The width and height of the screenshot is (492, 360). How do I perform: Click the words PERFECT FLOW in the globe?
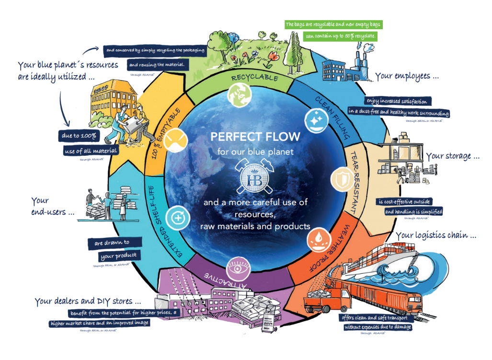[x=255, y=137]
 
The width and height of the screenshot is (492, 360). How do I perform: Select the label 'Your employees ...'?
[x=407, y=77]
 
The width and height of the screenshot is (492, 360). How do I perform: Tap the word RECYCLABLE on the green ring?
[x=254, y=78]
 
